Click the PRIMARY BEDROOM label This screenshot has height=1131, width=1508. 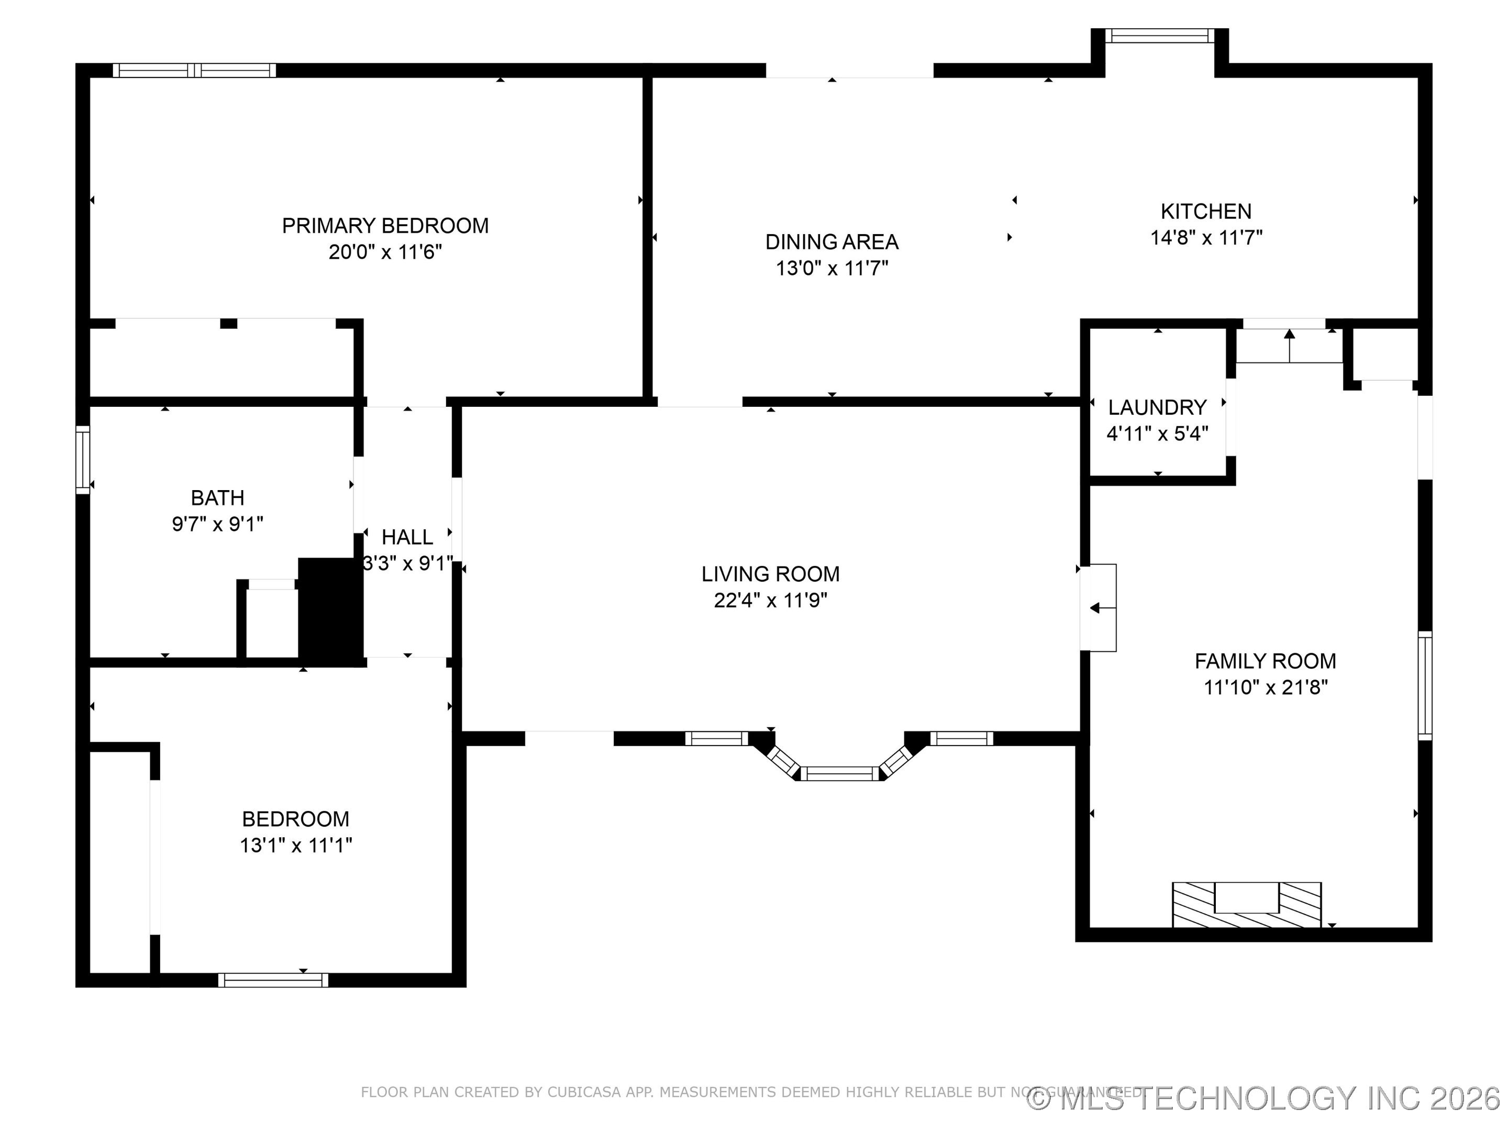coord(385,226)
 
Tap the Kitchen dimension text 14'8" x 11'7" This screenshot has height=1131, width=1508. coord(1206,238)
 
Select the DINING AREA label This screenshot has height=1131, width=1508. coord(831,242)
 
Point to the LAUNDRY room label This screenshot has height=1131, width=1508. coord(1157,408)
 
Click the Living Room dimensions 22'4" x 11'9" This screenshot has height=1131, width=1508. coord(770,601)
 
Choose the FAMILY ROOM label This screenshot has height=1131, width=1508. coord(1265,661)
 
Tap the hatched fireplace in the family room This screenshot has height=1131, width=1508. coord(1246,905)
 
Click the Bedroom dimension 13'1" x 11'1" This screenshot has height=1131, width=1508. coord(296,845)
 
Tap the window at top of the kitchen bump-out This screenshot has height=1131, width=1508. coord(1159,36)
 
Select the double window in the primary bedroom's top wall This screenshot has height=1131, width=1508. coord(194,70)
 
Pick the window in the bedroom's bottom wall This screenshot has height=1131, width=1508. coord(273,980)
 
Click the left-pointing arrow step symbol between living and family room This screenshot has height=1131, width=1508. coord(1095,608)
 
